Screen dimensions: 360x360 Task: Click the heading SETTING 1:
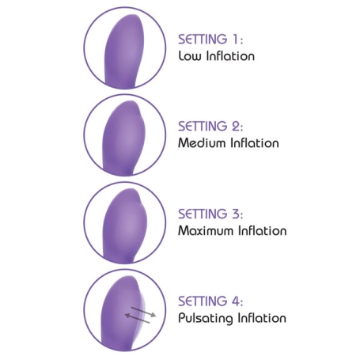[210, 39]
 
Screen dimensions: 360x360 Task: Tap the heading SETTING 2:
[210, 126]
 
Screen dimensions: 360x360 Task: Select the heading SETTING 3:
[210, 214]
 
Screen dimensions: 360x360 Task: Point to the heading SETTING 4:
[210, 301]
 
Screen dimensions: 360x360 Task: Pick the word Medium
[202, 143]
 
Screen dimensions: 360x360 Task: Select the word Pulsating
[206, 318]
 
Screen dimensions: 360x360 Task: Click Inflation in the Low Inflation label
[231, 56]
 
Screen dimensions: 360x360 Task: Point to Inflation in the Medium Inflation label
[255, 143]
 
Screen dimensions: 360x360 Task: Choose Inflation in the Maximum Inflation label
[263, 230]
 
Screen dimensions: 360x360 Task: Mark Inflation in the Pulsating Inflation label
[263, 318]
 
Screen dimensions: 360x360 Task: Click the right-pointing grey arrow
[144, 312]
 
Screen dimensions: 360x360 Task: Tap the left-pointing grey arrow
[137, 318]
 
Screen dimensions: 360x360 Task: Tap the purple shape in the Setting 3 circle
[125, 225]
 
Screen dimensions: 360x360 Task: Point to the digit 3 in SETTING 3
[236, 214]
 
